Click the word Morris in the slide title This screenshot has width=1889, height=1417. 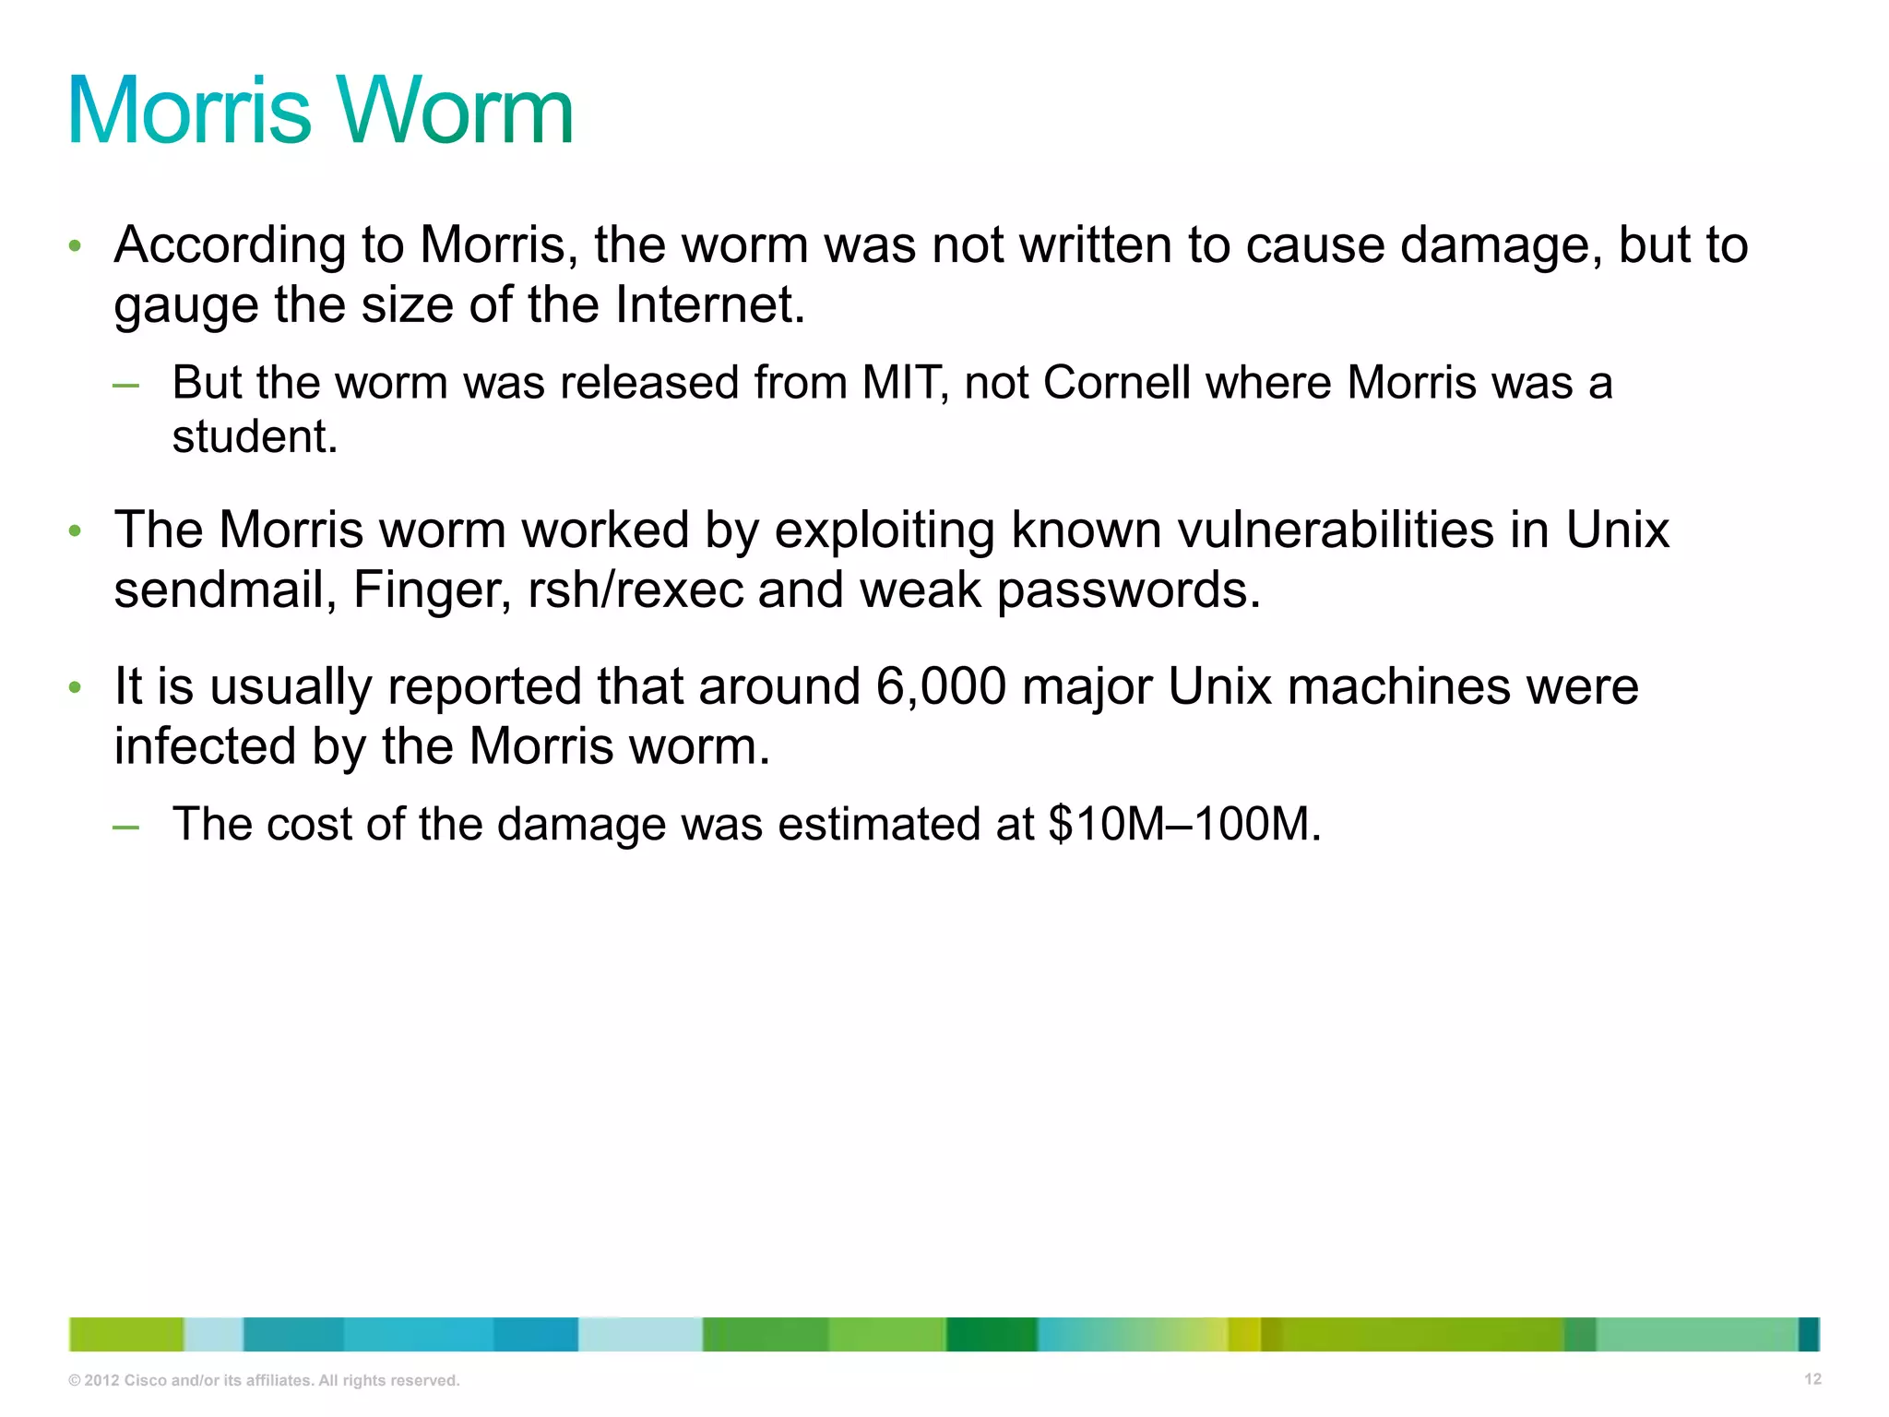tap(190, 112)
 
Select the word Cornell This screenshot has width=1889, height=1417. tap(1117, 383)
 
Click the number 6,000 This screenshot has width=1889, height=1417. tap(941, 687)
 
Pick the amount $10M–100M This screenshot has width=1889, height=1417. tap(1184, 824)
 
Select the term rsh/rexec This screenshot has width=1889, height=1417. tap(635, 589)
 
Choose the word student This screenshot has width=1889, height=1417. tap(255, 436)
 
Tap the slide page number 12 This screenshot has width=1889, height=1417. tap(1812, 1379)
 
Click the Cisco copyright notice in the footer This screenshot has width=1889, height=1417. tap(264, 1380)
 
